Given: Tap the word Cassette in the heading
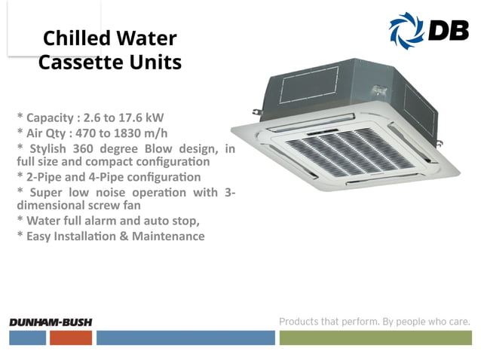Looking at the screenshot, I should [75, 62].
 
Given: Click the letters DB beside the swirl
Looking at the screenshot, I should [448, 30].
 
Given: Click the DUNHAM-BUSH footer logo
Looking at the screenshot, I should [51, 322].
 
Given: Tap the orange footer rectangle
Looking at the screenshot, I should [71, 337].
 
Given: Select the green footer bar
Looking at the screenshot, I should [375, 337].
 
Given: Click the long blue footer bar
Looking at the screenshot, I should [185, 337].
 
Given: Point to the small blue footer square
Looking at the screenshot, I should [28, 337].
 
